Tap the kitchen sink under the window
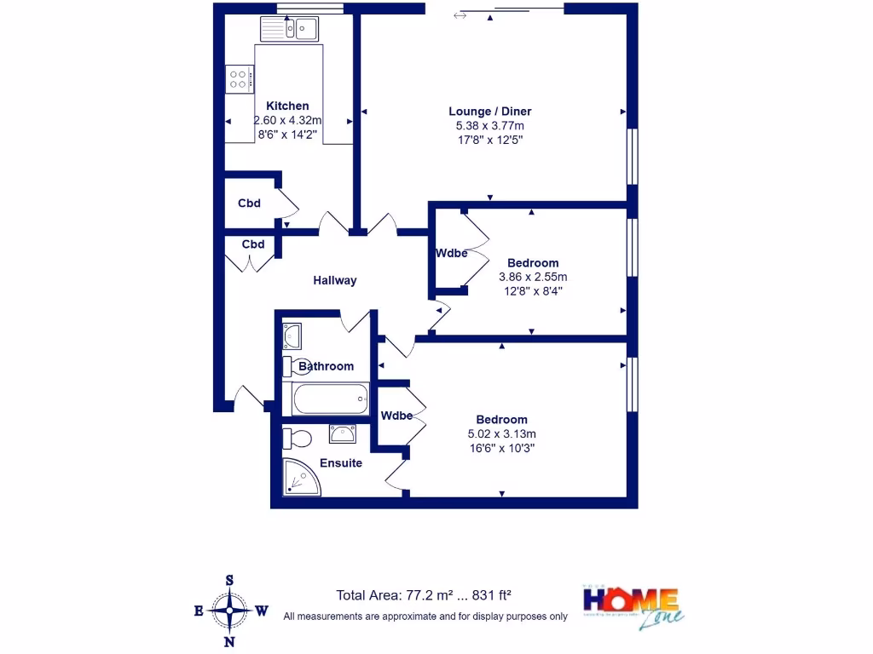pyautogui.click(x=290, y=30)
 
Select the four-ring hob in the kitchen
pyautogui.click(x=239, y=80)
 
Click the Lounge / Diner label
pyautogui.click(x=489, y=112)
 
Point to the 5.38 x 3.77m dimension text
pyautogui.click(x=489, y=125)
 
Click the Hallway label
pyautogui.click(x=334, y=280)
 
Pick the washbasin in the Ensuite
pyautogui.click(x=344, y=434)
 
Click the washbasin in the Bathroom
pyautogui.click(x=292, y=336)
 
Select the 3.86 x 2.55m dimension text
pyautogui.click(x=532, y=277)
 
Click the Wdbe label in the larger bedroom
pyautogui.click(x=396, y=416)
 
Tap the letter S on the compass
pyautogui.click(x=229, y=581)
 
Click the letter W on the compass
pyautogui.click(x=263, y=611)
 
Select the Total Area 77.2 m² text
pyautogui.click(x=423, y=596)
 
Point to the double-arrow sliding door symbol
pyautogui.click(x=460, y=15)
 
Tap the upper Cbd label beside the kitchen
pyautogui.click(x=249, y=204)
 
